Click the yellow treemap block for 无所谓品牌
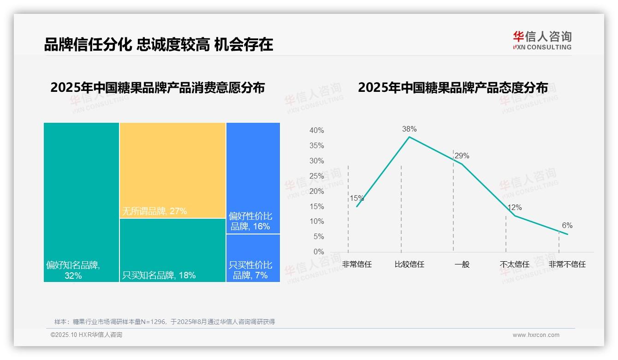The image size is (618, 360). coord(172,170)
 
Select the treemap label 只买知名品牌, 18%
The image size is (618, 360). coord(159,276)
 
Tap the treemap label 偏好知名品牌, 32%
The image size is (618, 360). coord(73,270)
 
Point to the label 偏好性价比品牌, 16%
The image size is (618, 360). coord(250,221)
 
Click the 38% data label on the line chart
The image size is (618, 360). coord(409,129)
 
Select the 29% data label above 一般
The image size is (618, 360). coord(462,156)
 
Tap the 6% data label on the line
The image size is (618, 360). coord(567,226)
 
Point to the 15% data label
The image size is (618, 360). coord(357,198)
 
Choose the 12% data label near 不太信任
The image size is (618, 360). coord(514,208)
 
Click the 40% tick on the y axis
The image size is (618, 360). coord(316,131)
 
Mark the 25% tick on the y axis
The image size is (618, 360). coord(316,176)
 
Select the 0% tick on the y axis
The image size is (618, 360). coord(319,252)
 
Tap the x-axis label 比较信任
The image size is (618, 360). coord(409,264)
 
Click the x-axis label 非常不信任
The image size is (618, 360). coord(567,264)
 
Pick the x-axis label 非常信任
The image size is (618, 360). coord(357,264)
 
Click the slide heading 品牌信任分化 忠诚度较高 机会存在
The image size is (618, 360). coord(158,44)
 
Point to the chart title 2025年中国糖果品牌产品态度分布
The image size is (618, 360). coord(452,88)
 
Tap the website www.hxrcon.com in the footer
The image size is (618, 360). coord(536,335)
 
